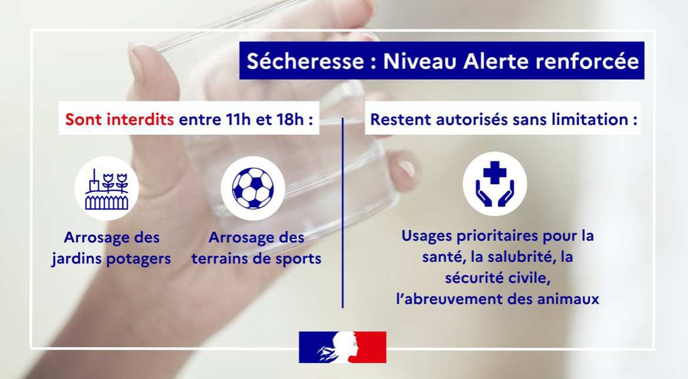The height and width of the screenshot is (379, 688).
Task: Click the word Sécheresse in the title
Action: [x=305, y=60]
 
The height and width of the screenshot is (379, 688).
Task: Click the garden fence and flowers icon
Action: [x=107, y=188]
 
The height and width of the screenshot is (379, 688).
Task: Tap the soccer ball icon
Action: [x=253, y=188]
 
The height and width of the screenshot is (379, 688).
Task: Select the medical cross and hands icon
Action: [x=495, y=184]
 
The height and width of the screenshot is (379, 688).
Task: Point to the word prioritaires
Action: [x=497, y=236]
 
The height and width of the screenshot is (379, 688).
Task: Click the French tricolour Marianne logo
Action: [x=342, y=347]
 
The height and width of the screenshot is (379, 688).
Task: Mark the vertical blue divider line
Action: [x=343, y=212]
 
